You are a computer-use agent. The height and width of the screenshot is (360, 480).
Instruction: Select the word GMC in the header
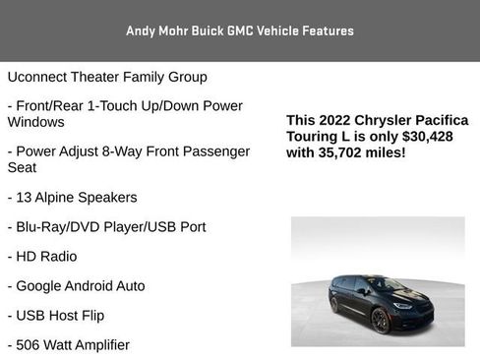coord(242,30)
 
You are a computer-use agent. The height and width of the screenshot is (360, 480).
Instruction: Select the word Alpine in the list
coord(58,197)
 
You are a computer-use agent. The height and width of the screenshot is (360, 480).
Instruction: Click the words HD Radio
coord(46,256)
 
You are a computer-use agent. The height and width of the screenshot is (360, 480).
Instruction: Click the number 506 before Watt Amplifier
coord(30,344)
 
